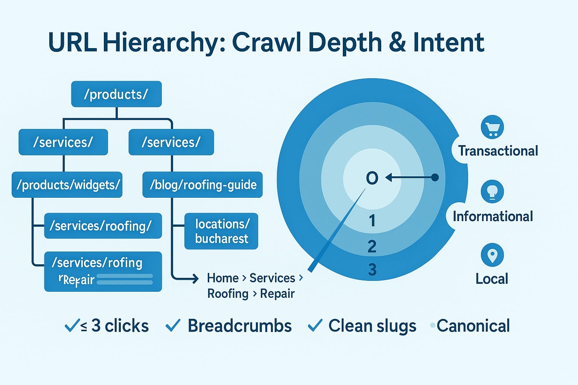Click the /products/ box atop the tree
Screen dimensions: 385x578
pos(116,94)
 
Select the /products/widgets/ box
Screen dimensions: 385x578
pos(67,185)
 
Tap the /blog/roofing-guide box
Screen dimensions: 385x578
pos(202,185)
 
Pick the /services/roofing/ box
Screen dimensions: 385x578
pos(103,226)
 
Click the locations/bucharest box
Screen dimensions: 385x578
pos(221,231)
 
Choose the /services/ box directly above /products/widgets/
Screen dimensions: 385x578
pos(63,142)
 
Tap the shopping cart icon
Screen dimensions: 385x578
pos(492,128)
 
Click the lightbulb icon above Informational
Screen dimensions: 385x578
pos(492,191)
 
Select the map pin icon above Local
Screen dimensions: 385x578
pos(492,255)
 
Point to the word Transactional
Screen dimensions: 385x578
pos(498,151)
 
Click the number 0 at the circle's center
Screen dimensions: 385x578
pos(372,178)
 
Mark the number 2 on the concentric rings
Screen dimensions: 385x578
pos(372,247)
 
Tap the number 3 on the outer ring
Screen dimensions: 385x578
pos(372,270)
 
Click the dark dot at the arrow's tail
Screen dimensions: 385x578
pos(435,177)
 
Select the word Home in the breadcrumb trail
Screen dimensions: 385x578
pos(223,278)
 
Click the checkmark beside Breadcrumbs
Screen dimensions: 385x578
pos(173,326)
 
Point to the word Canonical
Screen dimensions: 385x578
pos(473,326)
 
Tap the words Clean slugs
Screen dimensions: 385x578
pos(372,326)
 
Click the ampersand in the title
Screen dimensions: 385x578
pos(398,42)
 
